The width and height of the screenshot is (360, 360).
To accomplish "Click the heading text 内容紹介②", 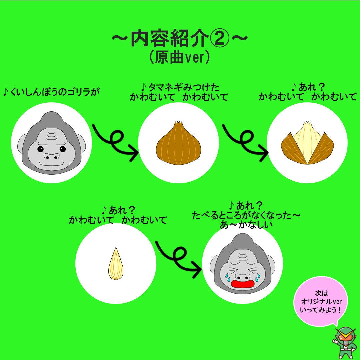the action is [180, 38].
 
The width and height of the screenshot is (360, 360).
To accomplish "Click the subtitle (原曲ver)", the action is [180, 57].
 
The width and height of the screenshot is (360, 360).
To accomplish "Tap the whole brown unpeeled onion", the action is [178, 143].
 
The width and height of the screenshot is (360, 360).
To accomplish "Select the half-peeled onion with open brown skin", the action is [307, 143].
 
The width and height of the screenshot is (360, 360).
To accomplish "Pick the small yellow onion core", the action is [116, 264].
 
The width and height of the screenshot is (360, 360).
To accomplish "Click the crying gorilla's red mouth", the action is [242, 284].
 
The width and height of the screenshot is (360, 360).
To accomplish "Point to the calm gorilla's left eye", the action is [40, 149].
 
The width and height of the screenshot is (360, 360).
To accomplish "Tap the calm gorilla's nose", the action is [51, 156].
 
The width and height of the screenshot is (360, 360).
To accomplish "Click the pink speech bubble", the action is [321, 301].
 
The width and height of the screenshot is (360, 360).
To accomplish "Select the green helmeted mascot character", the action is [344, 343].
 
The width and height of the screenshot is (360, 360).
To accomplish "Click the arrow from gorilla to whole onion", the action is [115, 142].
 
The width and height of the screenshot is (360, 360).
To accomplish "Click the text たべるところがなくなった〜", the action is [246, 215].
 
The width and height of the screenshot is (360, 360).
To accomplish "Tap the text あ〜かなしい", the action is [246, 225].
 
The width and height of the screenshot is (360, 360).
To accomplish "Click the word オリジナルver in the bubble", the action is [321, 301].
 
